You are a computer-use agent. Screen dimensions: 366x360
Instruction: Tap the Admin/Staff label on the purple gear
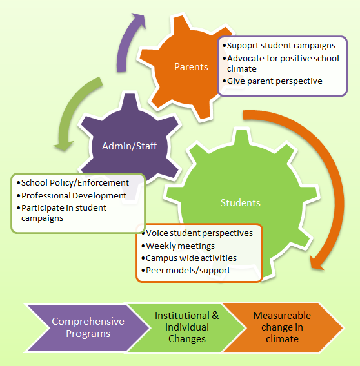click(x=129, y=146)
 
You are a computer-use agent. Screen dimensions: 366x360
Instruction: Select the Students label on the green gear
click(x=240, y=202)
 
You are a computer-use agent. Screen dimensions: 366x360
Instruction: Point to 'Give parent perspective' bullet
click(x=275, y=81)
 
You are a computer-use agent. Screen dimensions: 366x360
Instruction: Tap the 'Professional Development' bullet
click(x=72, y=195)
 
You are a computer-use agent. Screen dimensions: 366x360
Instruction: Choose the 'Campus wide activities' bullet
click(x=190, y=258)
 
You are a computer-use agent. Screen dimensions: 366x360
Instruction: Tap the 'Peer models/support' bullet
click(x=187, y=270)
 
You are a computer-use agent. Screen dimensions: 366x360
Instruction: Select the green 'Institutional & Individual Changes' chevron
click(x=186, y=327)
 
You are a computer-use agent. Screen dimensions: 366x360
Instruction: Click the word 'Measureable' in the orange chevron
click(x=282, y=316)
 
